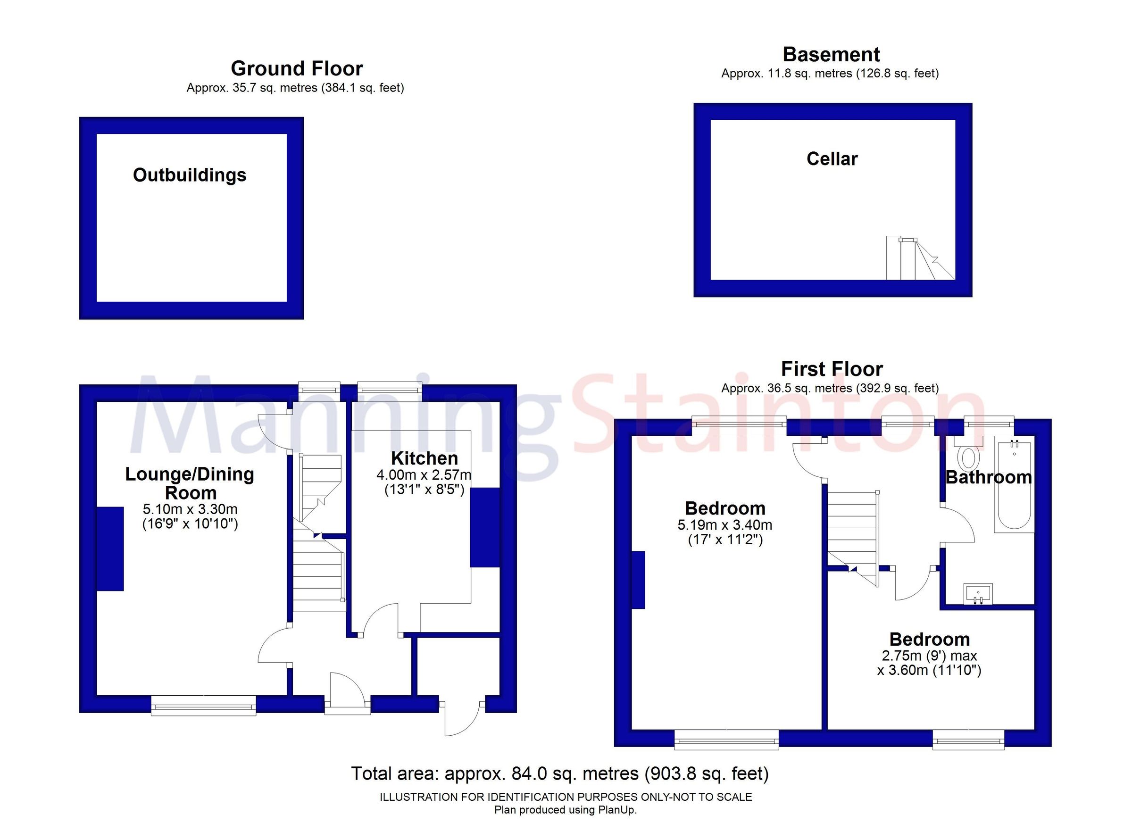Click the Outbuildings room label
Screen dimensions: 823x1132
[x=189, y=175]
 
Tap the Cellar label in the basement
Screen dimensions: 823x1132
[x=832, y=159]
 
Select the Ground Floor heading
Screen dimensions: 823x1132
[x=297, y=68]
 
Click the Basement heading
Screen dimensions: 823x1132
[x=831, y=54]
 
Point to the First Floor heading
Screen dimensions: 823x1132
[x=832, y=369]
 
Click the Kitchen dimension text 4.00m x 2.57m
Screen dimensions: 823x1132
[x=423, y=474]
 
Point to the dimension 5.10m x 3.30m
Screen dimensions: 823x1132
[x=190, y=509]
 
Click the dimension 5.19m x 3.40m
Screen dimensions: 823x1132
[x=725, y=524]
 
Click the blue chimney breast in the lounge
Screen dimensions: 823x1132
[x=110, y=549]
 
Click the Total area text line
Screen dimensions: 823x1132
[x=559, y=773]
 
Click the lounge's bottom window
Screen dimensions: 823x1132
[x=203, y=706]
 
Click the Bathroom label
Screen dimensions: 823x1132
[x=988, y=477]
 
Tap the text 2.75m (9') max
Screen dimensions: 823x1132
[x=929, y=655]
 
